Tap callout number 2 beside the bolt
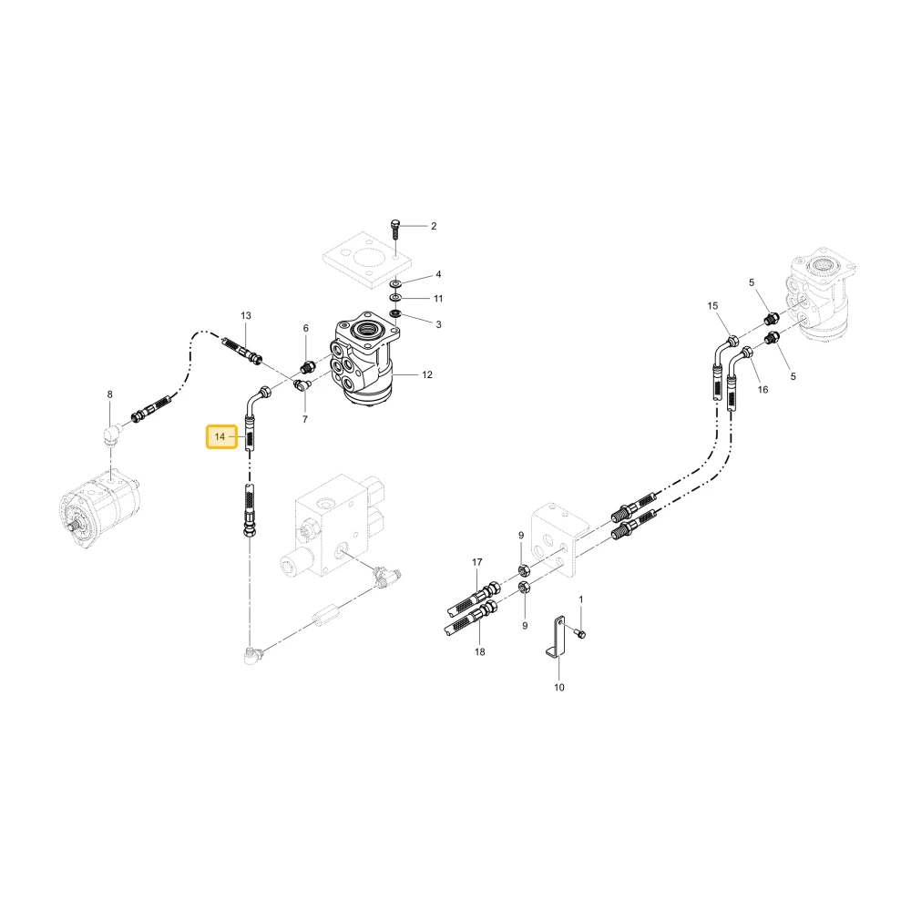point(434,226)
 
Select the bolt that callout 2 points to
point(395,229)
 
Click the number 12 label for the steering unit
point(427,374)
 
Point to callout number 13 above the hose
point(246,315)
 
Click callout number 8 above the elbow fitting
point(110,394)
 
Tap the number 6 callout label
point(305,328)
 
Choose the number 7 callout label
point(305,419)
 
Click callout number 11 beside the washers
point(438,298)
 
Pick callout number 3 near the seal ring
point(439,324)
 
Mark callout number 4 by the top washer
point(439,274)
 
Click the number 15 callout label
point(713,305)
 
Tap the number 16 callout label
point(763,389)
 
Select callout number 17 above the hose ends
point(477,562)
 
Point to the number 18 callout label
point(479,652)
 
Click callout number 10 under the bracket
point(559,687)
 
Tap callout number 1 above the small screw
point(580,599)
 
